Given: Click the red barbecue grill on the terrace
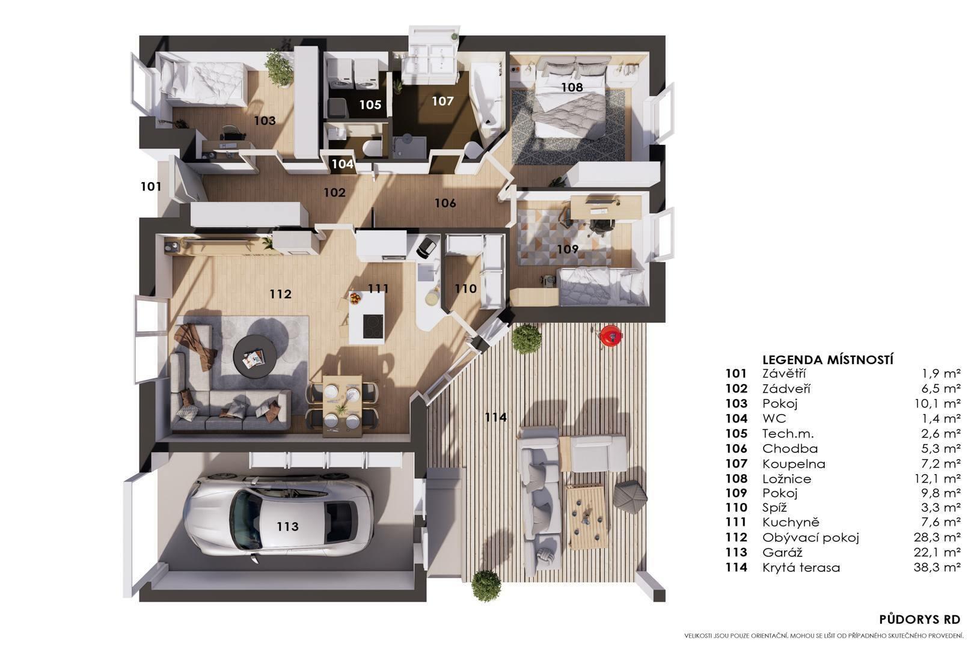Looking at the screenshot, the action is [x=610, y=335].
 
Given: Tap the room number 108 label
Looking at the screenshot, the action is [x=571, y=87].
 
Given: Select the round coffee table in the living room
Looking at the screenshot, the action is [x=255, y=358].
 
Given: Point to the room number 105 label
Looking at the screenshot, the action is [x=370, y=105].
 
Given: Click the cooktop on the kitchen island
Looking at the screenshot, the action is [x=373, y=326].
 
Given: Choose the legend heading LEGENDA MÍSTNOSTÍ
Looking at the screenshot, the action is [x=827, y=360].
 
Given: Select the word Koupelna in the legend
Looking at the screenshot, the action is [x=794, y=464].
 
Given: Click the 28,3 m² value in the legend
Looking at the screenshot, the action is [x=937, y=537].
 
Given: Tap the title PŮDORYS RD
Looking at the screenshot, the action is [x=919, y=619].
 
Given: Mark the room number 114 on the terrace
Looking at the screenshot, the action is [x=495, y=417].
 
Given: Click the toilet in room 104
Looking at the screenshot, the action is [x=372, y=147].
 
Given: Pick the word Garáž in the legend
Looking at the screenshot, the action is [x=782, y=552].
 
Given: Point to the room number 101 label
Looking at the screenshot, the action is [x=151, y=186].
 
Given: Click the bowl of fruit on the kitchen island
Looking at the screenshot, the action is [x=355, y=298].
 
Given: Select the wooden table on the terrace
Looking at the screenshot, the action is [x=586, y=517].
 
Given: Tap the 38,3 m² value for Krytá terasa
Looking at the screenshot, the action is [x=937, y=567].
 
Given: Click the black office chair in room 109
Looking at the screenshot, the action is [x=601, y=225].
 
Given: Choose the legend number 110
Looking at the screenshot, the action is [x=736, y=507].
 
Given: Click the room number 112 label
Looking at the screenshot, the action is [x=280, y=294].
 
